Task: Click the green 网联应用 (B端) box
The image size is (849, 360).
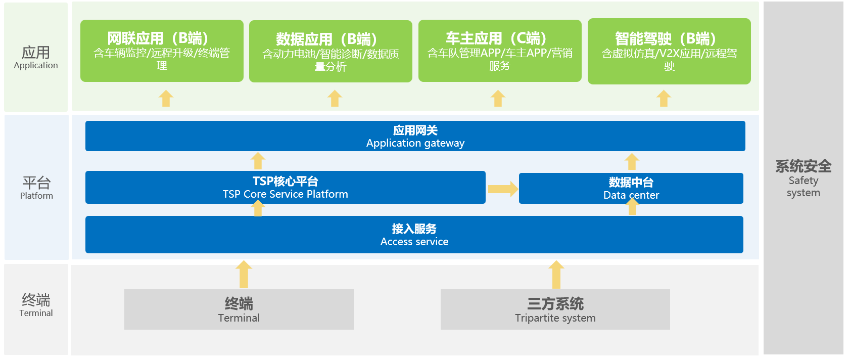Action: coord(162,51)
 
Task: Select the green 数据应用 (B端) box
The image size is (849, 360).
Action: coord(331,51)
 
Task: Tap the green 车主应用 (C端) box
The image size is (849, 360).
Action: coord(500,51)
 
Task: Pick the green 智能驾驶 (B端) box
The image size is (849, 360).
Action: coord(669,51)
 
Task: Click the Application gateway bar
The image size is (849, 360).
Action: coord(415,136)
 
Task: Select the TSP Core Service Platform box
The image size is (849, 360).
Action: coord(285,187)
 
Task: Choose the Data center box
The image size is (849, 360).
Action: coord(631,188)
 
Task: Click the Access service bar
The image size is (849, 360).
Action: coord(414,235)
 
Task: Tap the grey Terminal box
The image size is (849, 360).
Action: coord(239,309)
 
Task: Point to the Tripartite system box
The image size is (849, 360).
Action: coord(555,309)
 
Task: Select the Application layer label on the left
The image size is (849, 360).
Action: coord(36,57)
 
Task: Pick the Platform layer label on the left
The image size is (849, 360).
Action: coord(36,188)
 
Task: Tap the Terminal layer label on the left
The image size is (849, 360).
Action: coord(36,305)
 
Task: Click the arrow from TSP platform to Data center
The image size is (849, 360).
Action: coord(503,189)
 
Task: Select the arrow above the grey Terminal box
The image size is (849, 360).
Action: coord(244,274)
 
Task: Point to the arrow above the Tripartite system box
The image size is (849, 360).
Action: coord(556,274)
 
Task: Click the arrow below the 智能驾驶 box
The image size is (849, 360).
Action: coord(664,98)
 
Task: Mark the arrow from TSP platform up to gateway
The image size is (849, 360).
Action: coord(258,161)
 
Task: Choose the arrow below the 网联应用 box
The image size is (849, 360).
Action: coord(166,98)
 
